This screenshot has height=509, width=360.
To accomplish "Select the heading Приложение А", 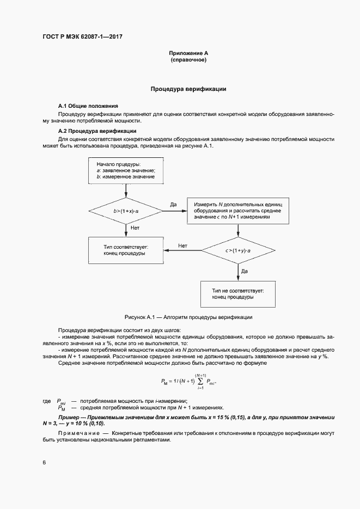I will click(188, 53).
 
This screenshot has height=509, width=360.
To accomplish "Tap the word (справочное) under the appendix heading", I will click(188, 60).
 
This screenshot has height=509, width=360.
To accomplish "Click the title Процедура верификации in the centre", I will click(188, 88).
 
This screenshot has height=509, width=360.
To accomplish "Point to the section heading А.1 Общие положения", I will click(88, 105).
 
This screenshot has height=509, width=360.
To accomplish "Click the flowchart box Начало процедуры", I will click(126, 170).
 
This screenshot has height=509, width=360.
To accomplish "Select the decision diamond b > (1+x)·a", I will click(126, 210).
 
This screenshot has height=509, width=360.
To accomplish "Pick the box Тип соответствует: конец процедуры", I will click(126, 250).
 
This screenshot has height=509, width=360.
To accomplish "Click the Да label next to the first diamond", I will click(174, 204).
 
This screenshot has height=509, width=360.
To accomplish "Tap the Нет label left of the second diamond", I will click(183, 245).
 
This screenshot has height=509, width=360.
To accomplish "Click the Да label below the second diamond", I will click(245, 270).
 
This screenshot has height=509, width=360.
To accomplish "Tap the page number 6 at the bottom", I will click(44, 463).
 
